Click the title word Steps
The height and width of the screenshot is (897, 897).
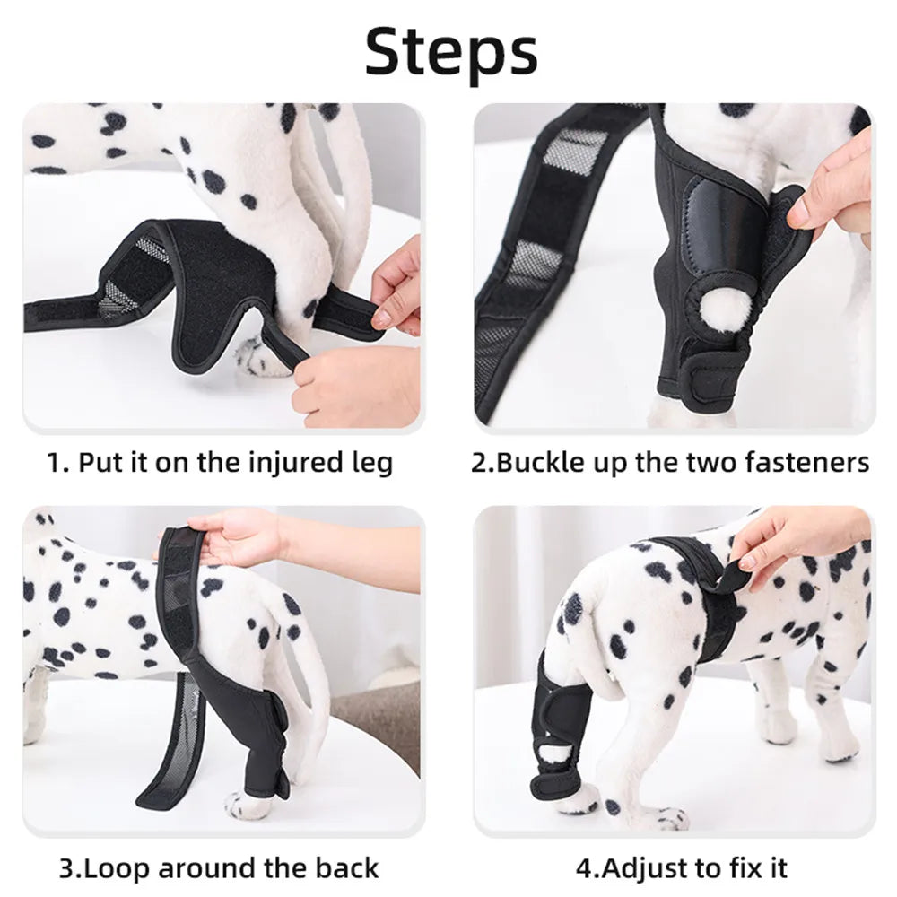(450, 51)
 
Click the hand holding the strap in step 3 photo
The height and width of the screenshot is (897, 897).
(238, 538)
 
